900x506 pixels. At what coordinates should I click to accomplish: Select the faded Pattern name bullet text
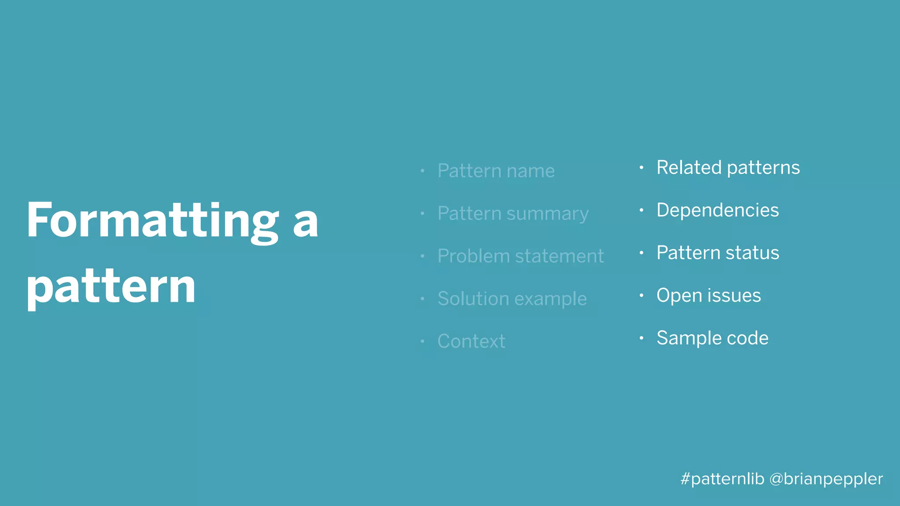(496, 171)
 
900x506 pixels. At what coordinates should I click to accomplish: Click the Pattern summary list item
(512, 213)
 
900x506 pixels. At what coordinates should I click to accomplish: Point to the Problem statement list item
(520, 256)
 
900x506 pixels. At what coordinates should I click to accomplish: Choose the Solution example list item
(512, 299)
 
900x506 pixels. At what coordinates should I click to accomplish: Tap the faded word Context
(471, 341)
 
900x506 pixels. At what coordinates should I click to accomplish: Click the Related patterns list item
(728, 168)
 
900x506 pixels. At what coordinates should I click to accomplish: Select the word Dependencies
(717, 210)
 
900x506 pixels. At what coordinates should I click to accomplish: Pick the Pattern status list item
(718, 253)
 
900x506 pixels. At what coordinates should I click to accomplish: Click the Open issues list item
(708, 296)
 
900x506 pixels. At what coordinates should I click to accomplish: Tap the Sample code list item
(712, 338)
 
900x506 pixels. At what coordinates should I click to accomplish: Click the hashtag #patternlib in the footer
(722, 479)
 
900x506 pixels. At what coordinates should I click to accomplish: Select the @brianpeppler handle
(826, 479)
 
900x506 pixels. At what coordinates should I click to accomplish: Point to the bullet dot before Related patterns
(642, 167)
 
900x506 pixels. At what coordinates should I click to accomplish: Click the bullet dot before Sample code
(642, 338)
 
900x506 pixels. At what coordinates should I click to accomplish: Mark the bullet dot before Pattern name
(422, 170)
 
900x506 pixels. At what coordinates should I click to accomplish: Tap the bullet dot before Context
(422, 341)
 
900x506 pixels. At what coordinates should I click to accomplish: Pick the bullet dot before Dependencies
(642, 210)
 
